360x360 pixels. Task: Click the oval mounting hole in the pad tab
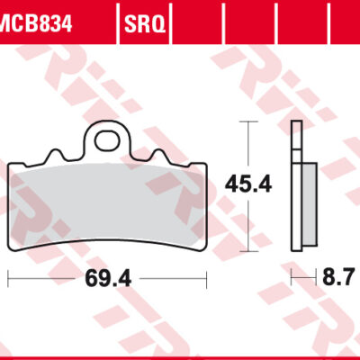[x=108, y=140]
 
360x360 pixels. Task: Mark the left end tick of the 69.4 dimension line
[x=9, y=279]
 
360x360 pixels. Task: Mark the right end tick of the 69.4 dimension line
[x=208, y=279]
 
